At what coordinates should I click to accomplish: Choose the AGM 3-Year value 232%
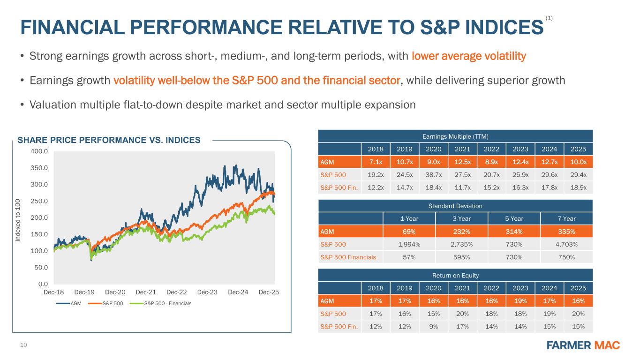[462, 231]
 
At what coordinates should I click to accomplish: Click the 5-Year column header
[514, 218]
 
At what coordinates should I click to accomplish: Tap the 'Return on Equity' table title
[456, 275]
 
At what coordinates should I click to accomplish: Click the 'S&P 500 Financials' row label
[348, 256]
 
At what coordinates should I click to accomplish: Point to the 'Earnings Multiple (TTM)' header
[456, 136]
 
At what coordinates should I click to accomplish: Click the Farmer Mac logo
[583, 345]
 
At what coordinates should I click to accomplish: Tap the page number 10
[24, 345]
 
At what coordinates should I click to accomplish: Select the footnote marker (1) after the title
[550, 18]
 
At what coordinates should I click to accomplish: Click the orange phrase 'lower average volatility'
[469, 57]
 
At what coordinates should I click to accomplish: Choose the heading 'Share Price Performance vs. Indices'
[109, 140]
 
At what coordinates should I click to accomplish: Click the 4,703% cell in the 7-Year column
[567, 244]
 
